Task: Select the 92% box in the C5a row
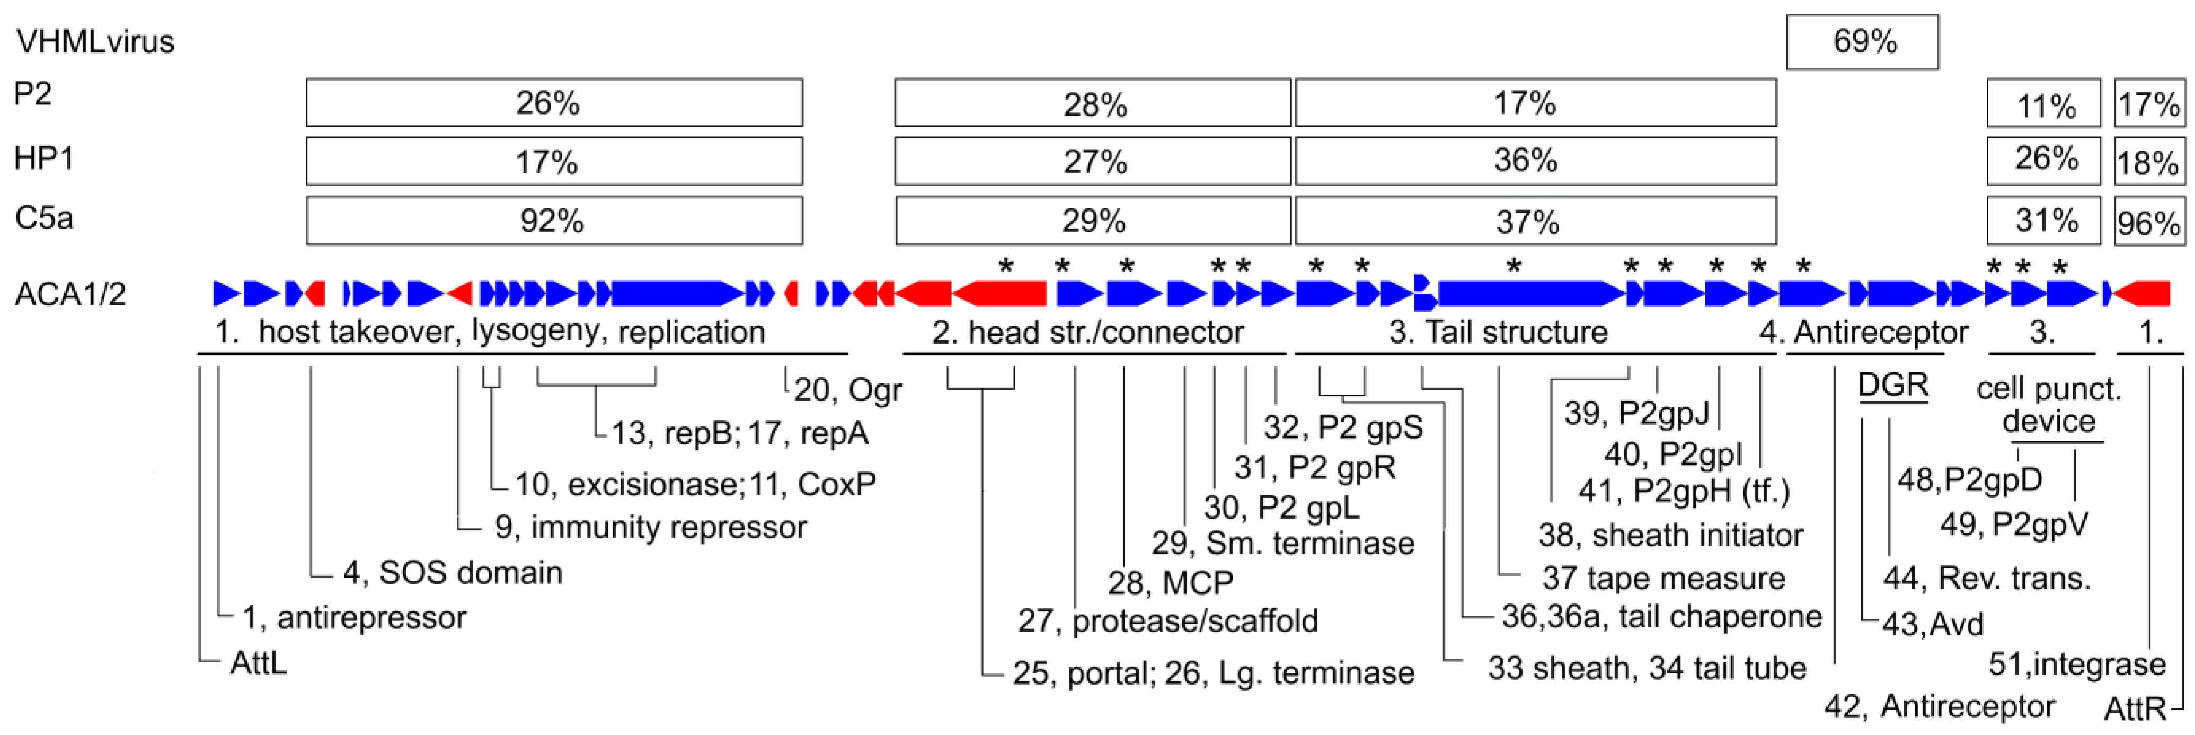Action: click(554, 221)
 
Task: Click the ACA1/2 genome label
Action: click(70, 294)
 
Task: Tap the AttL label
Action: click(258, 662)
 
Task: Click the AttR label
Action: click(2135, 708)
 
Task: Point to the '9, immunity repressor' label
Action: click(650, 527)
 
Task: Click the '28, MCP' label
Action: click(1170, 582)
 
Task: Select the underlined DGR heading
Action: click(1892, 386)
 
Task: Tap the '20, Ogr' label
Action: click(847, 390)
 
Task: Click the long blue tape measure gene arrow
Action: click(1529, 294)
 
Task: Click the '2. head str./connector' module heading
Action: click(1087, 331)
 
